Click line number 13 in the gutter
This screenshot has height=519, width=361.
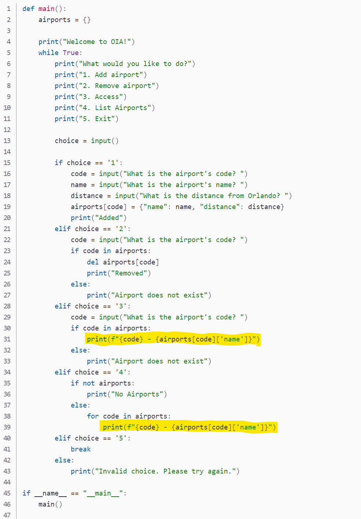[7, 141]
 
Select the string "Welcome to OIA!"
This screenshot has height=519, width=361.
[97, 42]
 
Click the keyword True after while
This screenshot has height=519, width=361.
[70, 53]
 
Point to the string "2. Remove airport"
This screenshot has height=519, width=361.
[117, 86]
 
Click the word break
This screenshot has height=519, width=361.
[81, 449]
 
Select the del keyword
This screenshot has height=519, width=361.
[93, 262]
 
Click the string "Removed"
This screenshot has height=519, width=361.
[129, 273]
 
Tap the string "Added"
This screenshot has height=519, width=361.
[109, 218]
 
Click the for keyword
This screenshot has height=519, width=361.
[93, 416]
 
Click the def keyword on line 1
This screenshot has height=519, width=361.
[28, 9]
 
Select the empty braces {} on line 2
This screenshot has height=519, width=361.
[87, 20]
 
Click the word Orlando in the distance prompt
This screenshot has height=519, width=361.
[264, 196]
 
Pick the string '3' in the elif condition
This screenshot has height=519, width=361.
[121, 306]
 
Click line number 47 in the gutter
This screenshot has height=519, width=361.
[7, 515]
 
